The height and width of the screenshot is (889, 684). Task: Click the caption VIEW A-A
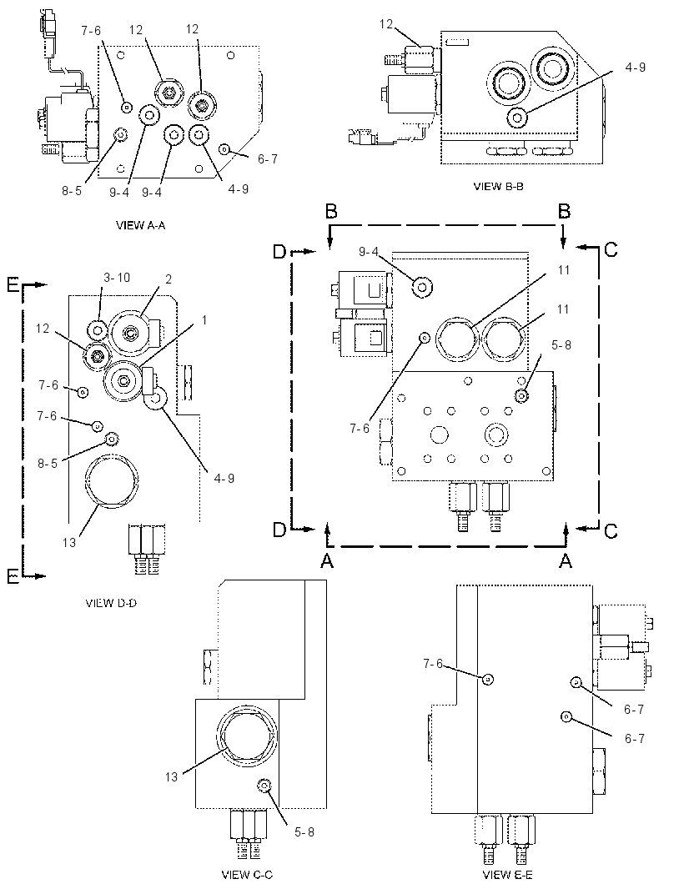[141, 225]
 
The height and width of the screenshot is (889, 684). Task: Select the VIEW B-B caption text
[498, 186]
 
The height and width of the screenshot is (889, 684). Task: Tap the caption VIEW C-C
[247, 875]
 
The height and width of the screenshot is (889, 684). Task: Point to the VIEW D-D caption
[111, 603]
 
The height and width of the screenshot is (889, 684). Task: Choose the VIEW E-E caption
[507, 875]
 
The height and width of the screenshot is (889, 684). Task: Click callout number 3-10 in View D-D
[117, 277]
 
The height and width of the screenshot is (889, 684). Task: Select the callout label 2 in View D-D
[168, 279]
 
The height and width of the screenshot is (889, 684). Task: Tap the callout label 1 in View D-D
[204, 320]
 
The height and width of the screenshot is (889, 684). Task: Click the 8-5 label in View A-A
[72, 191]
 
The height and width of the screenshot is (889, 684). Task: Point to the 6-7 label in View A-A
[268, 159]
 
